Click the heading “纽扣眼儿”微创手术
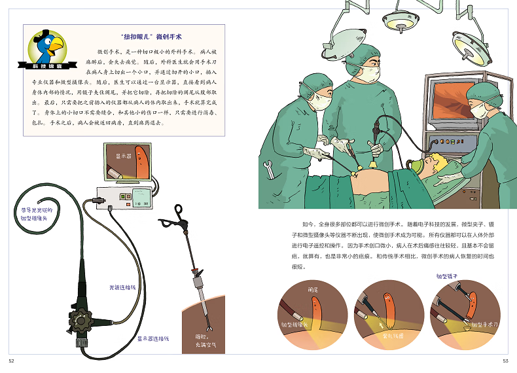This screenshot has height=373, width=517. coord(146,37)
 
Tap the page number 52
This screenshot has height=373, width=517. coord(11,361)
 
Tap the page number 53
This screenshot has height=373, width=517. coord(505,361)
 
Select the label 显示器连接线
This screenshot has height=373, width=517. coord(152,338)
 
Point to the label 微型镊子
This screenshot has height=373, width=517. coord(448,276)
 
